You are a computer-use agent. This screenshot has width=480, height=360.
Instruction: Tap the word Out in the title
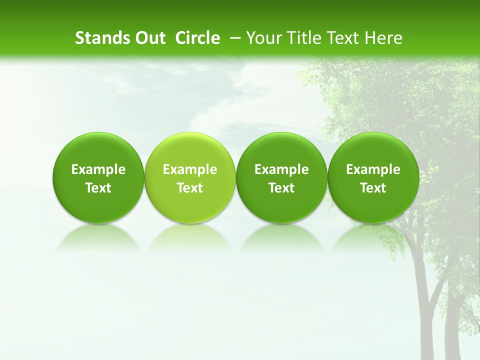click(x=149, y=38)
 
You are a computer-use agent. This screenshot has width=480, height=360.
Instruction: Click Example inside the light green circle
click(x=190, y=169)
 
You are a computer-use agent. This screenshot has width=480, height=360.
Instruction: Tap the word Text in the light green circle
click(x=190, y=188)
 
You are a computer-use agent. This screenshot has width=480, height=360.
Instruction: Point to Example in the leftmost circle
click(x=98, y=169)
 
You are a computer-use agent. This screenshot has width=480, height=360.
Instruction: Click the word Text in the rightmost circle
click(x=373, y=188)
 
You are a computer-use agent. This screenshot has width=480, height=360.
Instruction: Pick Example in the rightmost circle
click(x=373, y=169)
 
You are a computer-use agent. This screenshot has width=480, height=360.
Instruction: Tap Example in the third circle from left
click(x=281, y=169)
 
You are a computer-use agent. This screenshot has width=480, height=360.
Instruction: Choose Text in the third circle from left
click(x=281, y=188)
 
